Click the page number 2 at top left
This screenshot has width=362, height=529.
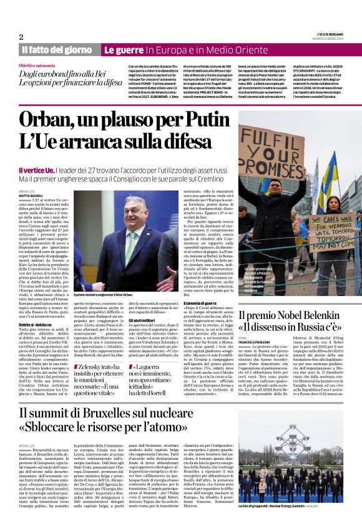click(x=21, y=37)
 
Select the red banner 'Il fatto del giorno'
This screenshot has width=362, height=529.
click(x=57, y=49)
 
